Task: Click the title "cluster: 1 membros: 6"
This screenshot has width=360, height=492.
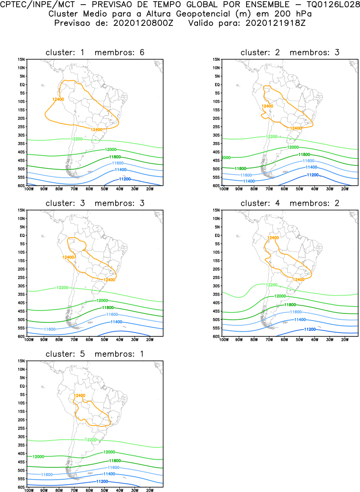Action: click(95, 52)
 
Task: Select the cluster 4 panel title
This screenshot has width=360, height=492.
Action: click(290, 203)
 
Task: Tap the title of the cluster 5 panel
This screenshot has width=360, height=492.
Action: click(95, 354)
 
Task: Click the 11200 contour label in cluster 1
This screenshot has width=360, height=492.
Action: click(125, 179)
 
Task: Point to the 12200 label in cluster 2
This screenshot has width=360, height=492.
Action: click(272, 137)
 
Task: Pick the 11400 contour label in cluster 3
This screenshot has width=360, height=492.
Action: click(116, 322)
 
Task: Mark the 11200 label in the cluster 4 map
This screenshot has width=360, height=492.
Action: click(310, 329)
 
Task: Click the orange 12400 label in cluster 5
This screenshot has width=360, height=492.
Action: click(79, 395)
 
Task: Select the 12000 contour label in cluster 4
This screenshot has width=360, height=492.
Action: click(280, 296)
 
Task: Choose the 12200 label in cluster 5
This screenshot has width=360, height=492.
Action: click(91, 440)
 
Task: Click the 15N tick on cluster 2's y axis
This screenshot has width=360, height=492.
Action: click(216, 60)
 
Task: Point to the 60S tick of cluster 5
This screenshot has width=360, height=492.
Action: click(21, 487)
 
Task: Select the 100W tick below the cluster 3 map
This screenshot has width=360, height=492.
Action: click(29, 340)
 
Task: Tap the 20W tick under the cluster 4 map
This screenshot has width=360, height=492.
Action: click(345, 340)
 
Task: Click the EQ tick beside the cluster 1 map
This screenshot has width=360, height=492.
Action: click(23, 85)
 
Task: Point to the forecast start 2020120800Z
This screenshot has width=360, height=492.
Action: click(143, 23)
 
